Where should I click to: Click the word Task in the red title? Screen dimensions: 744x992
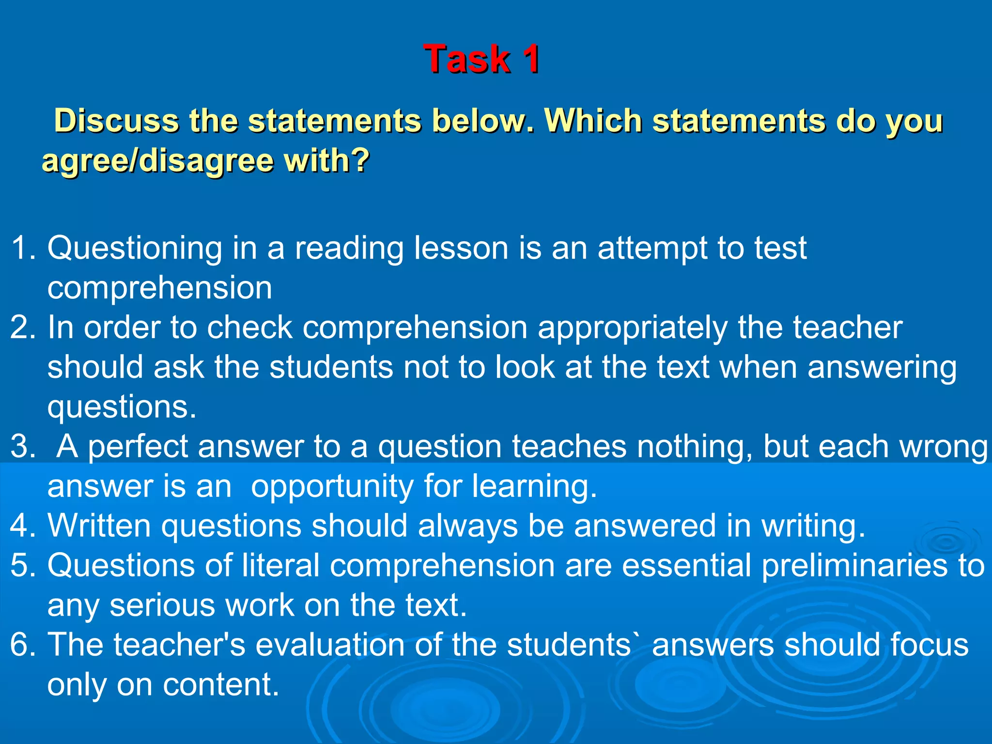pos(466,59)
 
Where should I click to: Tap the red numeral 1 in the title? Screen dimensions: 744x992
pos(530,59)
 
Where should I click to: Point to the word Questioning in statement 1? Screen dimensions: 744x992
pos(135,248)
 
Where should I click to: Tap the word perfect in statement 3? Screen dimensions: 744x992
pos(137,447)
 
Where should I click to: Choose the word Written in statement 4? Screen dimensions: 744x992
pos(99,526)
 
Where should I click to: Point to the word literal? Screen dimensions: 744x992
pos(280,566)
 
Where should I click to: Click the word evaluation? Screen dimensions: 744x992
pos(329,645)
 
